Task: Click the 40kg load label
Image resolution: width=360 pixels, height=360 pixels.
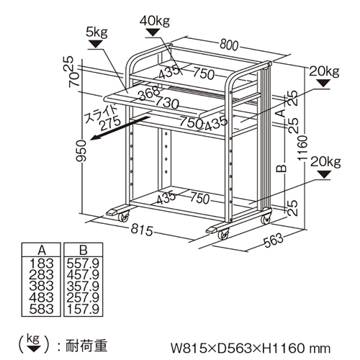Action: tap(155, 21)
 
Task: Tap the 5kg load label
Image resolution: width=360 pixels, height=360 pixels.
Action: tap(96, 33)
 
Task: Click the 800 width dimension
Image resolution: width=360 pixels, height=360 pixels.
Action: tap(229, 45)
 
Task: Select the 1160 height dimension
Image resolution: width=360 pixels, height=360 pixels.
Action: tap(302, 148)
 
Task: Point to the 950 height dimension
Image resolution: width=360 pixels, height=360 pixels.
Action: tap(81, 150)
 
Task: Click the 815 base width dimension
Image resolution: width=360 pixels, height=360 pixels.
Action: tap(142, 230)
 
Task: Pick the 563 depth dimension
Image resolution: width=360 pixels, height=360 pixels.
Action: tap(274, 240)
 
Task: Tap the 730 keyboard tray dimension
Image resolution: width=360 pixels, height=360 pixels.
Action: tap(167, 102)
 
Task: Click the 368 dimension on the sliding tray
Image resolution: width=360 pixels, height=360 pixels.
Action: tap(149, 93)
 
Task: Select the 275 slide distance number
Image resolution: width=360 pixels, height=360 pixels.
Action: tap(111, 123)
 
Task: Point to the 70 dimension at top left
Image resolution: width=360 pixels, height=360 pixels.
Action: tap(74, 79)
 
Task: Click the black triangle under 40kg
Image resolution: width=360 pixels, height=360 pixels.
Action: tap(153, 32)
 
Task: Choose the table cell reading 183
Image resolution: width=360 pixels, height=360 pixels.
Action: tap(41, 264)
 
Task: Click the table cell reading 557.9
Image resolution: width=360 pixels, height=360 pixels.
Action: tap(83, 264)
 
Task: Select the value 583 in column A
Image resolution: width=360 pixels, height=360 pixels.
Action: tap(41, 309)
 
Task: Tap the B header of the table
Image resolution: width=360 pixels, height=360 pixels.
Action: tap(83, 250)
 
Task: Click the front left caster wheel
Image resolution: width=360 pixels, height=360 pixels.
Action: tap(123, 217)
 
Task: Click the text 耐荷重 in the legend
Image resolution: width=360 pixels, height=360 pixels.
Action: tap(86, 346)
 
